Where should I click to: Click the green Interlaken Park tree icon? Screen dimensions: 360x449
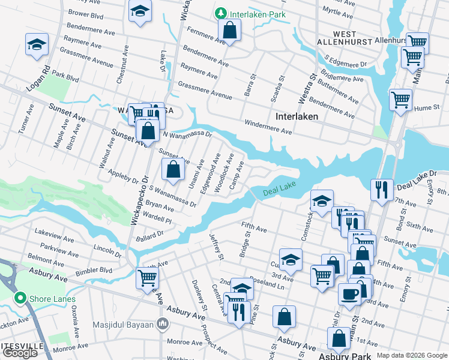pyautogui.click(x=221, y=13)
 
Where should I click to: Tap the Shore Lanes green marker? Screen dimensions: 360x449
pyautogui.click(x=20, y=298)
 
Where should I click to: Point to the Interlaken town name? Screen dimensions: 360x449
pyautogui.click(x=297, y=116)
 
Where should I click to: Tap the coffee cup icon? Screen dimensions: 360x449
pyautogui.click(x=350, y=294)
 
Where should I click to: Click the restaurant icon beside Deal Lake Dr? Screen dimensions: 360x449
pyautogui.click(x=382, y=190)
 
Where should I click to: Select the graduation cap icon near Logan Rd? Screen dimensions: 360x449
pyautogui.click(x=37, y=44)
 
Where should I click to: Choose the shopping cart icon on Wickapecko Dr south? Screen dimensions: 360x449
pyautogui.click(x=147, y=278)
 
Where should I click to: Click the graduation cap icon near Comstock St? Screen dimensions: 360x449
pyautogui.click(x=322, y=201)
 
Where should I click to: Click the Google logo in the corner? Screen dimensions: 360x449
pyautogui.click(x=20, y=353)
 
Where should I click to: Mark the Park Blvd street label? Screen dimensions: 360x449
pyautogui.click(x=65, y=77)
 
